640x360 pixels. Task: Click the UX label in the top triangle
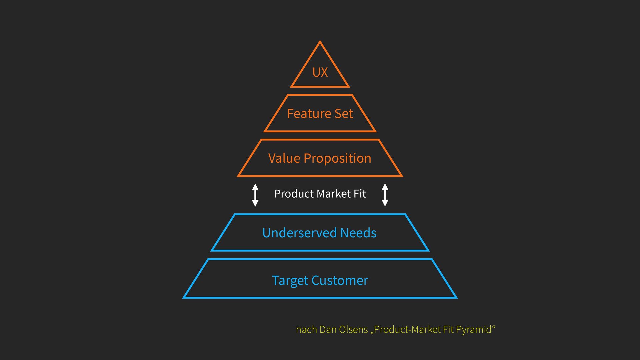[x=320, y=72]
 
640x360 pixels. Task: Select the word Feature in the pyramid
[x=305, y=114]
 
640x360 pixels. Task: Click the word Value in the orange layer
[x=284, y=158]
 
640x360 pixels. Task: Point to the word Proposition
[x=337, y=159]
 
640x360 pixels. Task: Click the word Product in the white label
[x=294, y=194]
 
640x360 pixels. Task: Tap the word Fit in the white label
[x=360, y=194]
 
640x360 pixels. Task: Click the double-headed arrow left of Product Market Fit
[x=255, y=195]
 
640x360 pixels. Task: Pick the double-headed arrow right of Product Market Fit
[x=385, y=195]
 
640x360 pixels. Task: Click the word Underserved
[x=299, y=233]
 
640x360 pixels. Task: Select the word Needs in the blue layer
[x=358, y=233]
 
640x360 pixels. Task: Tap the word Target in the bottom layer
[x=290, y=281]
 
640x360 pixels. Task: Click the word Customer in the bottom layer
[x=340, y=281]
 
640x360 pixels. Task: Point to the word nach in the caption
[x=306, y=330]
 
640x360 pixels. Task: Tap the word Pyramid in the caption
[x=474, y=330]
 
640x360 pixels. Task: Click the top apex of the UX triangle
[x=320, y=42]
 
